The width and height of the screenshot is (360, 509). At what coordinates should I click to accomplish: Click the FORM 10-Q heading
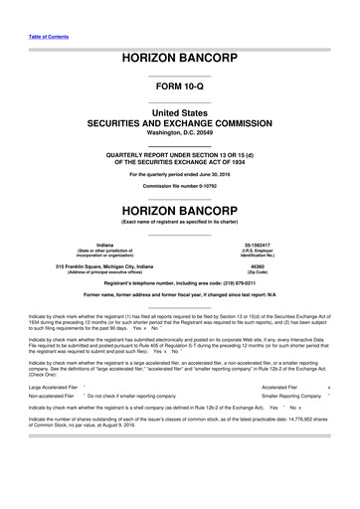pyautogui.click(x=179, y=87)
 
